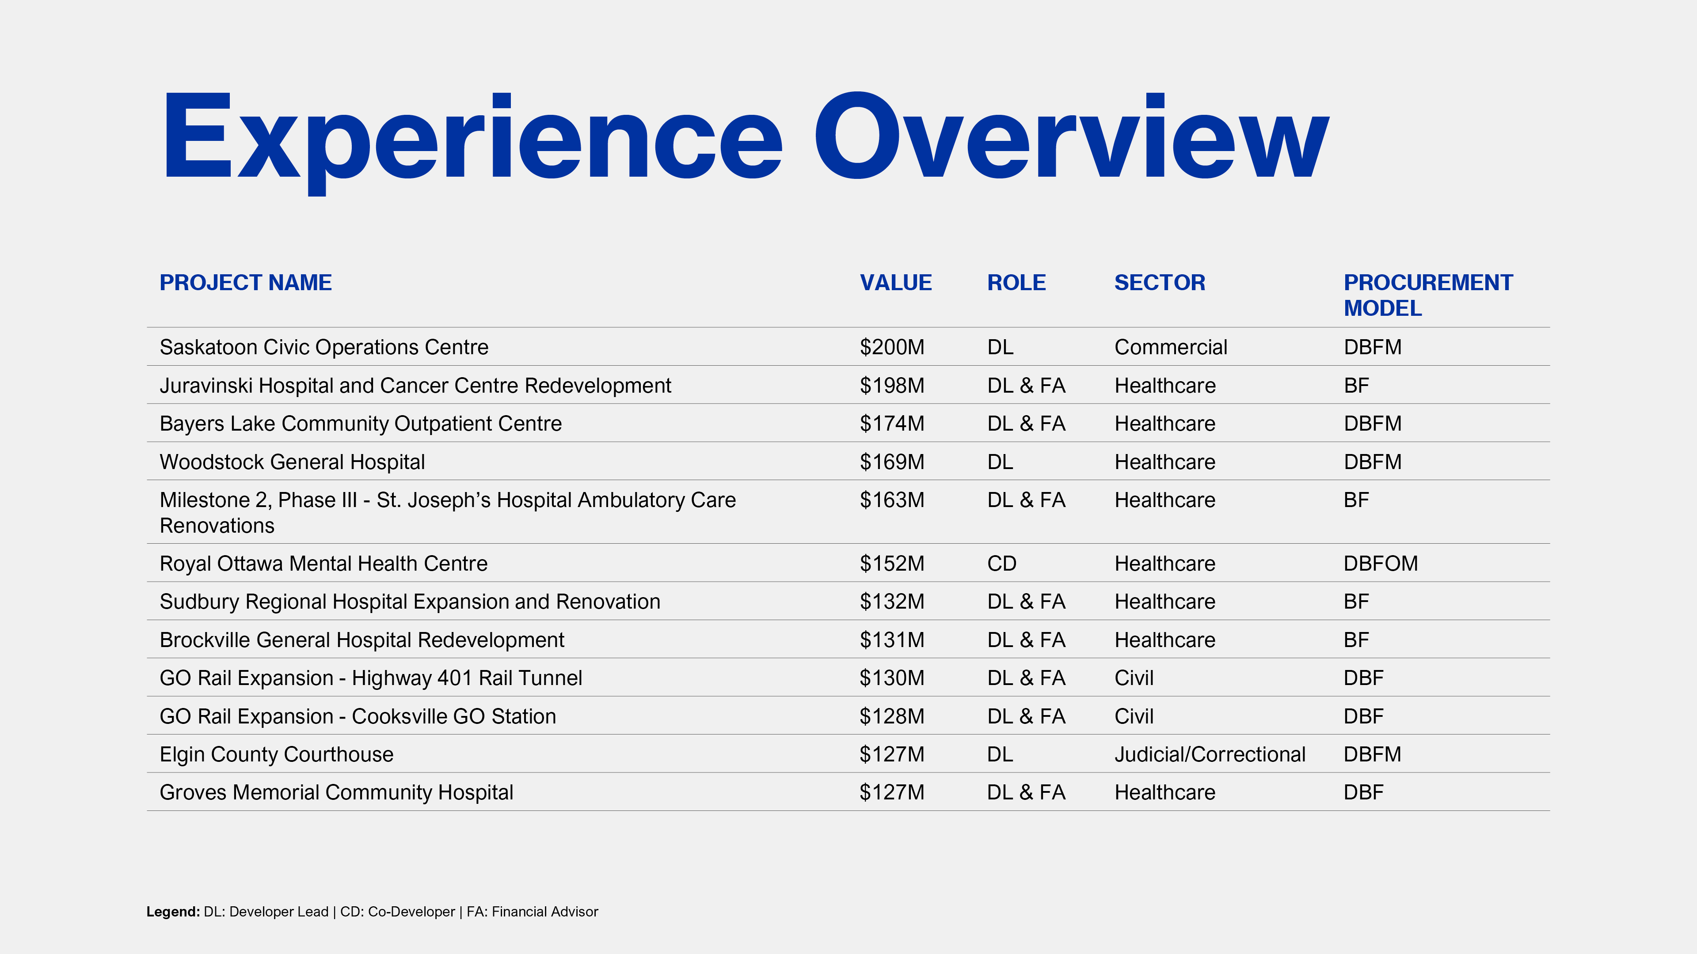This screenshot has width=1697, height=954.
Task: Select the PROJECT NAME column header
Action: (246, 283)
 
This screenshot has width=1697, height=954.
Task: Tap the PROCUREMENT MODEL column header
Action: (1428, 295)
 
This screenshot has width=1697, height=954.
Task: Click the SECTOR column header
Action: (1160, 283)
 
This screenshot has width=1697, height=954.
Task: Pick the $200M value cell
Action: (892, 347)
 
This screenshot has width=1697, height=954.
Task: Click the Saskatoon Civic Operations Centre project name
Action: (324, 347)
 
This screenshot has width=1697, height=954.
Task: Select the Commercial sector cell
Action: (1171, 347)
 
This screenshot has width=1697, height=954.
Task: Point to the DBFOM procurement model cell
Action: (1381, 564)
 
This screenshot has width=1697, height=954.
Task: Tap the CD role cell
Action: (1001, 564)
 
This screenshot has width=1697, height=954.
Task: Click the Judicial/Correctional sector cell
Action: (1210, 754)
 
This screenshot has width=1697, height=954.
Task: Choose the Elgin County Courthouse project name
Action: (277, 754)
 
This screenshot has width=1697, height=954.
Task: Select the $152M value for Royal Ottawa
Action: (892, 564)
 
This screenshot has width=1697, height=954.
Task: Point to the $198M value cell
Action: (892, 385)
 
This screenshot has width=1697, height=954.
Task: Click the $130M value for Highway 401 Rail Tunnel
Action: (892, 678)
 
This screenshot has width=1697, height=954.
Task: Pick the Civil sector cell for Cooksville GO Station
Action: (1134, 716)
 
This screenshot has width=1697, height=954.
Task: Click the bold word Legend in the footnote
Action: (173, 912)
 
